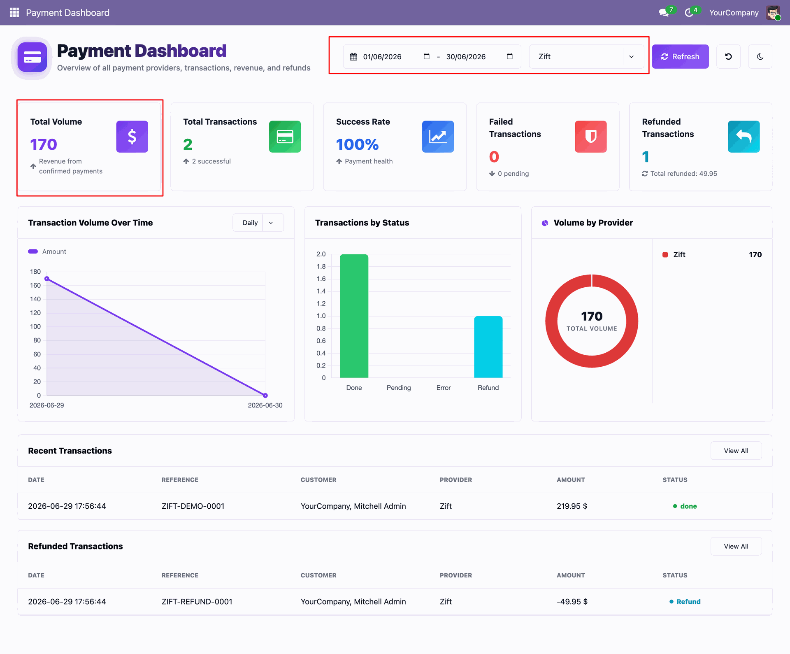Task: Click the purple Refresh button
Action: click(680, 56)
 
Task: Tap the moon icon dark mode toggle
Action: click(760, 56)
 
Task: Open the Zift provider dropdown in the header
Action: click(586, 56)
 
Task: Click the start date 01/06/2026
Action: click(382, 57)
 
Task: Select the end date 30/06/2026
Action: click(466, 57)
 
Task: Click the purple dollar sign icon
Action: click(132, 137)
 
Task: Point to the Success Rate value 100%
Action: click(357, 144)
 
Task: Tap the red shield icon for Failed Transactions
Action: click(590, 137)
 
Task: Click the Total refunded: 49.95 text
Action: click(683, 174)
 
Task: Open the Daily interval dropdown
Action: click(258, 223)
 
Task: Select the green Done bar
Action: click(354, 316)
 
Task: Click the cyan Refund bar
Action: click(488, 347)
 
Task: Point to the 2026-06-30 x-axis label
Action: click(265, 405)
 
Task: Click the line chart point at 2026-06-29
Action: click(47, 279)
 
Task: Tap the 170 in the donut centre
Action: click(592, 316)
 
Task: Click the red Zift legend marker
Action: click(665, 255)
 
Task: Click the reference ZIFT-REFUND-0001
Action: click(197, 602)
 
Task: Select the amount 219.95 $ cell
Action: click(572, 506)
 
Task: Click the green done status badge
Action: click(685, 506)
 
